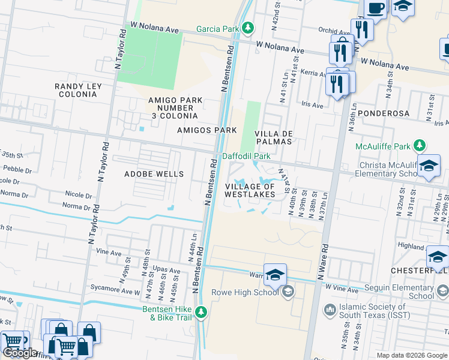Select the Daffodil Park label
coord(246,156)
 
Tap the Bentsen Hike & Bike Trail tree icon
coord(201,311)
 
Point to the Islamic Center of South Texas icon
coord(329,310)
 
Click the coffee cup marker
coord(376,8)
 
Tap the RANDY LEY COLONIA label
coord(78,91)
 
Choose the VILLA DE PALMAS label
coord(273,137)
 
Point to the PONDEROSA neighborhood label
coord(383,113)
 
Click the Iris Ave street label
coord(312,105)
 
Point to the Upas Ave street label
coord(166,271)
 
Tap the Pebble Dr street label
coord(13,170)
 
